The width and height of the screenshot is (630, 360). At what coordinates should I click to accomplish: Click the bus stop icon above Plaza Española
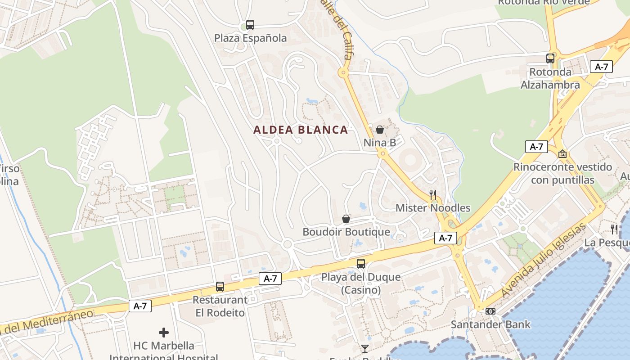(x=250, y=25)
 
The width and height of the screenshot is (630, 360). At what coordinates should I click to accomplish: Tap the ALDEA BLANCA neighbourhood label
(x=301, y=130)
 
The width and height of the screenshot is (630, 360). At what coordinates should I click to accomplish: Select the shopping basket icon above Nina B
(x=380, y=130)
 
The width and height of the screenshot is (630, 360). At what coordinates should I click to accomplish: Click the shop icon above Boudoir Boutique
(x=346, y=219)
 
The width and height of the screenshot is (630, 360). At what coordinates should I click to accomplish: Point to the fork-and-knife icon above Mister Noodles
(x=433, y=194)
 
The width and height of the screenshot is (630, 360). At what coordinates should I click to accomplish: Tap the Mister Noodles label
(x=433, y=208)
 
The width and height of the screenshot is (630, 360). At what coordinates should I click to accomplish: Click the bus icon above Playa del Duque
(x=361, y=264)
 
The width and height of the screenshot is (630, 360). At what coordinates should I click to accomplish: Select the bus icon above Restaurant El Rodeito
(x=220, y=286)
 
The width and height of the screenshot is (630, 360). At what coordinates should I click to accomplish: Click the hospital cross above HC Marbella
(x=164, y=333)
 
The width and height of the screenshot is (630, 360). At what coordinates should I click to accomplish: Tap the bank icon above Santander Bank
(x=490, y=311)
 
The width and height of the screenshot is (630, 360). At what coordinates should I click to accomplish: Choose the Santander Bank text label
(x=490, y=324)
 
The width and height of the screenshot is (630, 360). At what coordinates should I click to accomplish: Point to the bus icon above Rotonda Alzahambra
(x=550, y=58)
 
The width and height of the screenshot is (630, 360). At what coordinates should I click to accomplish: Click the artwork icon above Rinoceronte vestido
(x=562, y=154)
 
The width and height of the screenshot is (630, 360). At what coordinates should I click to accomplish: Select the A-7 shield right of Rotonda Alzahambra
(x=601, y=67)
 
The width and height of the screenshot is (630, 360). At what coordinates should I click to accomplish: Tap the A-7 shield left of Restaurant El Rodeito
(x=140, y=306)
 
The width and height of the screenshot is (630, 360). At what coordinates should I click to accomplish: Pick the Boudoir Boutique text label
(x=346, y=232)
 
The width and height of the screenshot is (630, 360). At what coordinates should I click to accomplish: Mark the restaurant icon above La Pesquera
(x=614, y=229)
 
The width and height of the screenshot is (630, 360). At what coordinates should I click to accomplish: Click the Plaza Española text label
(x=250, y=38)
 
